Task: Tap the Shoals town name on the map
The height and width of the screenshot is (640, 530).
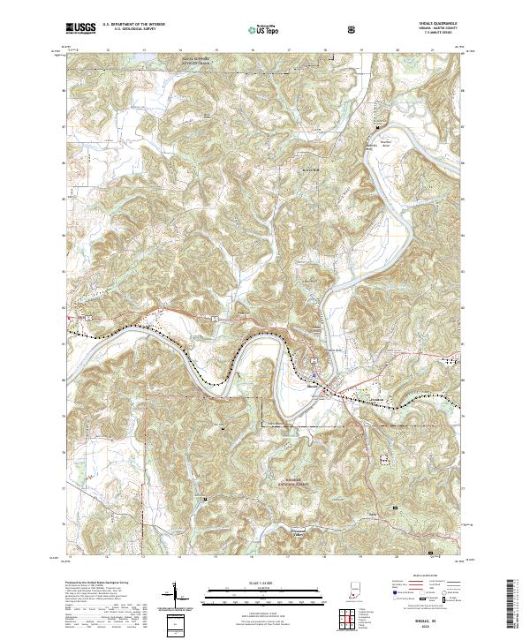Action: click(x=313, y=385)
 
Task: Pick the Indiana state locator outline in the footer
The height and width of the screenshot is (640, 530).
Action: click(x=355, y=596)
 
